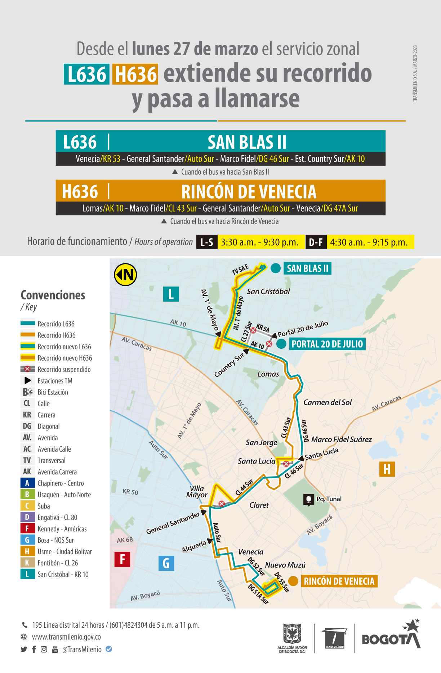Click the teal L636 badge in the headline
coord(86,74)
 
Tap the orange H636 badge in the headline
coord(135,74)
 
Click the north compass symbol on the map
coord(125,275)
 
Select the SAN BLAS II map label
coord(307,268)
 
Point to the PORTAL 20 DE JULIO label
coord(327,344)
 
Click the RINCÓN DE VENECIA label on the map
coord(339,581)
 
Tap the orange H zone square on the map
coord(387,469)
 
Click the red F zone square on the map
coord(122,559)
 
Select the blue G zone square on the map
coord(166,563)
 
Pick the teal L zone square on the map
coord(171,294)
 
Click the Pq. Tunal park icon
coord(308,500)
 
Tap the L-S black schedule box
coord(207,242)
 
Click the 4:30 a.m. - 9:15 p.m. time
coord(369,242)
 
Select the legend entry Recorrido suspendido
coord(64,369)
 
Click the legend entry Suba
coord(44,506)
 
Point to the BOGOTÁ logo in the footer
coord(391,637)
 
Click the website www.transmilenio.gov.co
coord(66,637)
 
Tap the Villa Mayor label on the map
coord(197,492)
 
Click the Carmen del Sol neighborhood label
coord(327,402)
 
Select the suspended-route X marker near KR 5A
coord(253,330)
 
